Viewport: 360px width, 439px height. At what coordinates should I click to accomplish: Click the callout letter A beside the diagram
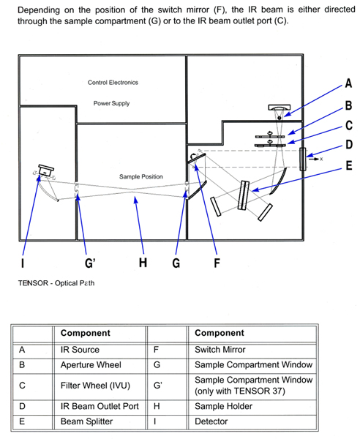click(348, 83)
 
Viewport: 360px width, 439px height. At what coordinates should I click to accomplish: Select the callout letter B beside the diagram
click(348, 105)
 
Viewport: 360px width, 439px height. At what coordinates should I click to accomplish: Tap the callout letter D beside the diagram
click(348, 144)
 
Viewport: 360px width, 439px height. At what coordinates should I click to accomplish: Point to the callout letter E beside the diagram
click(349, 165)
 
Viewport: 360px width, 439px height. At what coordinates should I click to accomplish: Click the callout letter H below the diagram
click(143, 263)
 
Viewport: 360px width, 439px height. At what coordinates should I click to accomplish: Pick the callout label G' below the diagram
click(90, 263)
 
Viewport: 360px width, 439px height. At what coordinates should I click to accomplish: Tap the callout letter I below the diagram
click(23, 263)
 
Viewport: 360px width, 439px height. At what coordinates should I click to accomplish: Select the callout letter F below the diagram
click(217, 263)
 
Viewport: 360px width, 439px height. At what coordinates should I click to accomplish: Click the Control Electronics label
click(113, 82)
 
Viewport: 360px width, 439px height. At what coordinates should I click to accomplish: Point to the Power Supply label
click(111, 103)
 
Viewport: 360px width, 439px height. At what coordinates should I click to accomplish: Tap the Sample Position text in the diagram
click(141, 176)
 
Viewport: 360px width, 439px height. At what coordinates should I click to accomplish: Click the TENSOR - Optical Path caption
click(56, 283)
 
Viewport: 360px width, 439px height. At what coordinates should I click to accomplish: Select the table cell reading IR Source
click(80, 350)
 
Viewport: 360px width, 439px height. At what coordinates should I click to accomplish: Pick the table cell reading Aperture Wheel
click(91, 365)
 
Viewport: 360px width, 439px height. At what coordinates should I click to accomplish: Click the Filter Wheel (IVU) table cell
click(95, 386)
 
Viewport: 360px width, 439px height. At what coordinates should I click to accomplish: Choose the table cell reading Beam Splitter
click(86, 421)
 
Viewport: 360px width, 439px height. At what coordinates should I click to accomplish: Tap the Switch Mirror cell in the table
click(220, 350)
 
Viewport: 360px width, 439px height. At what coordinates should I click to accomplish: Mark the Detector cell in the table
click(211, 421)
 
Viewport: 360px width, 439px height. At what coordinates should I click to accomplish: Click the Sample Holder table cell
click(223, 406)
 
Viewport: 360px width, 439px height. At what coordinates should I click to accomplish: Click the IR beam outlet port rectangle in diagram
click(303, 159)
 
